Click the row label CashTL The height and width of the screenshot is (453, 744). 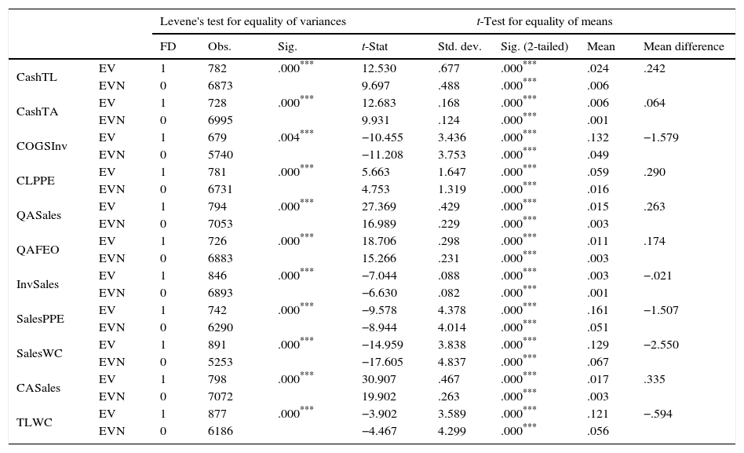[x=37, y=77]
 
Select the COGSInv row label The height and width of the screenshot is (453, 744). [x=42, y=146]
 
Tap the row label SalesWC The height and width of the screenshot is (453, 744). [x=39, y=353]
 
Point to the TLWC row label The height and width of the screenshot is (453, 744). [x=32, y=422]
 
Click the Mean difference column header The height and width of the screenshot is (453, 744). [x=683, y=46]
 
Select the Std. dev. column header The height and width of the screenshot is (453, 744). [x=459, y=46]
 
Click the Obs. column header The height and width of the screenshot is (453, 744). [x=219, y=46]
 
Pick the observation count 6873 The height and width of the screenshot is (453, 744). [x=220, y=86]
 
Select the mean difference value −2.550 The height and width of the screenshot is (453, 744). [x=660, y=345]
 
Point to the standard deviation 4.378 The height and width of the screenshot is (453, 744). [x=452, y=310]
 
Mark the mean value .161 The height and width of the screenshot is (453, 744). [x=598, y=310]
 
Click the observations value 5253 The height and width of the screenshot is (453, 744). [x=220, y=362]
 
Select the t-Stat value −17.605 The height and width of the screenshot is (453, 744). [x=381, y=362]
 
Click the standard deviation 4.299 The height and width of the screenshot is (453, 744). [x=452, y=431]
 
